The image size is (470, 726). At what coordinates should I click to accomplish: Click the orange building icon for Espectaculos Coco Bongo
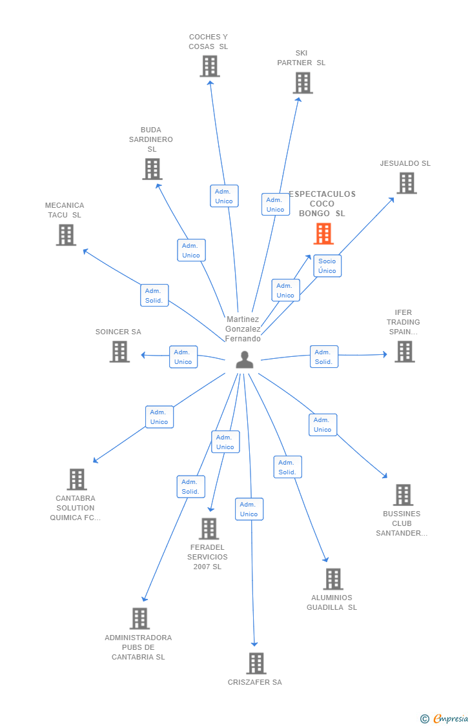323,234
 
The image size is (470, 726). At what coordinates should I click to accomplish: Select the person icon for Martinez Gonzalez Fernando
245,360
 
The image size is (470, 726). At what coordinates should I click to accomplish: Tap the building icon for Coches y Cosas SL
210,66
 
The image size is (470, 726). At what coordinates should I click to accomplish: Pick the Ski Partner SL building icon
303,83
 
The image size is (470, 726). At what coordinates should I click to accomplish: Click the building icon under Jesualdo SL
407,183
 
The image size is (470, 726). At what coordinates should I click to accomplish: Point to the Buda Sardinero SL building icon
152,169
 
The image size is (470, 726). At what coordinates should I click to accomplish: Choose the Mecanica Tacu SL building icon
66,235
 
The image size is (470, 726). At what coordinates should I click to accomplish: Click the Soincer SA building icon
119,352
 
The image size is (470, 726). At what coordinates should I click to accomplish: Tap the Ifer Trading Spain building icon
405,352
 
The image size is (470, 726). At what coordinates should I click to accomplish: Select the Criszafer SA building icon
256,663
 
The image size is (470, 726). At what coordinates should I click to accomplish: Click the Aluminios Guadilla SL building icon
333,580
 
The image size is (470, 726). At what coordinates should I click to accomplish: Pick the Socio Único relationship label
327,266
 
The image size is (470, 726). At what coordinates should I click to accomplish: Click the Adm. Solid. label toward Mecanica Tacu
154,296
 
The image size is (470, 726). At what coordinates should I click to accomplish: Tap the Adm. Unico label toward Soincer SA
183,357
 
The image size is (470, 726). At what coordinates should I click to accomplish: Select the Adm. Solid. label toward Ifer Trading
323,357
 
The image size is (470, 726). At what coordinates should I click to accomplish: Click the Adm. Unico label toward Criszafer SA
249,509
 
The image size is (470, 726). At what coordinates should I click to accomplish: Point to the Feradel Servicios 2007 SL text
208,557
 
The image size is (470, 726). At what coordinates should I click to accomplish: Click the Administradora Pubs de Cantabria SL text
138,647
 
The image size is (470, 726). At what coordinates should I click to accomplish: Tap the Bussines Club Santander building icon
404,495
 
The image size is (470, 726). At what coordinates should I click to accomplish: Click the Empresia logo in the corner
445,719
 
